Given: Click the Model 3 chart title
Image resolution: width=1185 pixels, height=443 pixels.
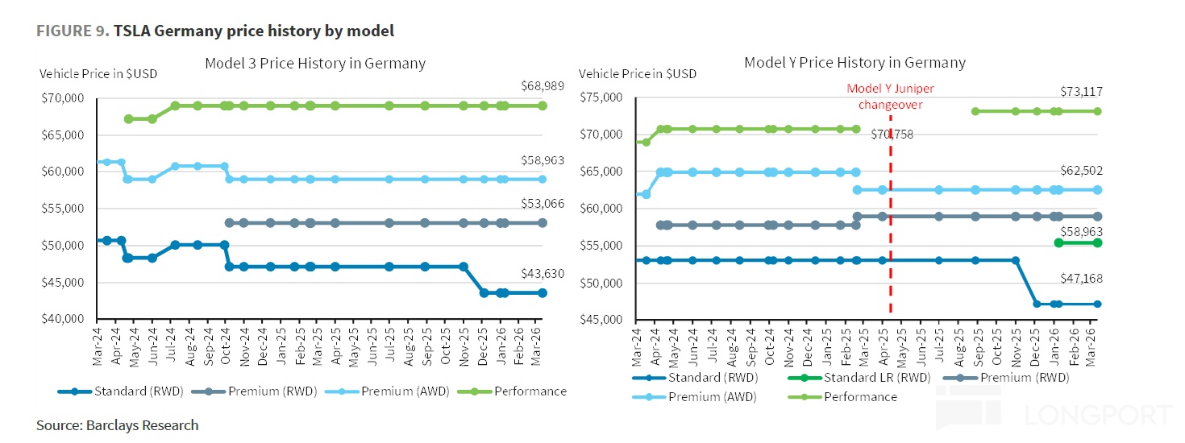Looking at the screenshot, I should pos(315,63).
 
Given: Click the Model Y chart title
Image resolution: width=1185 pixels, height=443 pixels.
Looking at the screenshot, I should pos(854,62).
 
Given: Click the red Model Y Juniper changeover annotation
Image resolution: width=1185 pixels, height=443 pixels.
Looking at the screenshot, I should pos(890,97).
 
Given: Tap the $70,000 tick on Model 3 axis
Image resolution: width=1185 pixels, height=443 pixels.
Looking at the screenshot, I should pos(62,98).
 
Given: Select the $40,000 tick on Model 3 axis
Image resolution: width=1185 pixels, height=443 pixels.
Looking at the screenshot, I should pos(62,319).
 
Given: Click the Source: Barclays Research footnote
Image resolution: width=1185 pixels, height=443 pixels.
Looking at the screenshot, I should pos(117,424).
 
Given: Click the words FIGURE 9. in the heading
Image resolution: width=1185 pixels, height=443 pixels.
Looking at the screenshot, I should pos(72,31).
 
